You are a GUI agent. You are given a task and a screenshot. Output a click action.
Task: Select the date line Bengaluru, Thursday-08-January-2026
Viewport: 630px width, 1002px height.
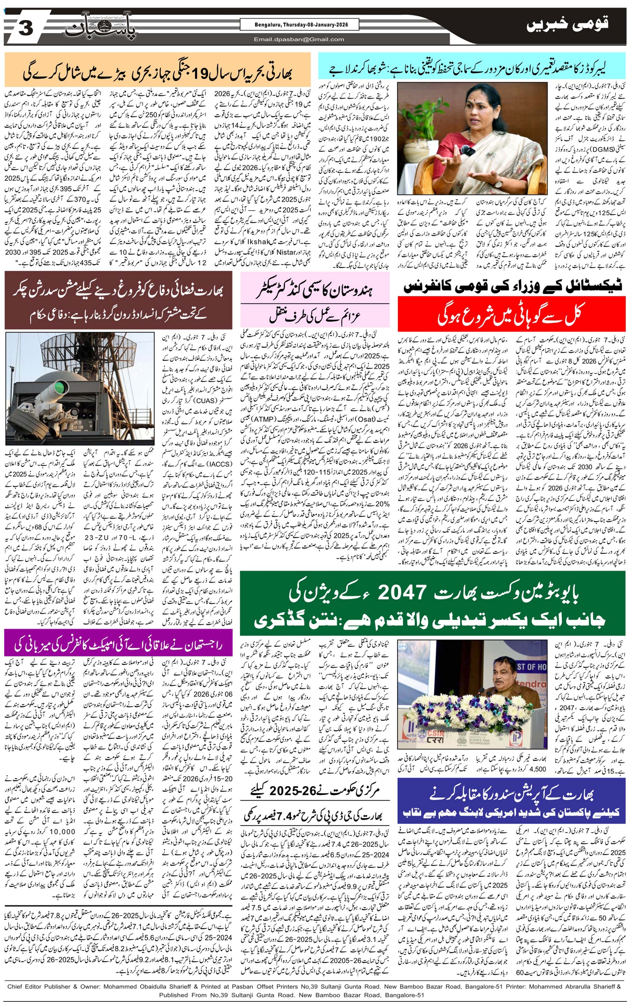click(x=300, y=25)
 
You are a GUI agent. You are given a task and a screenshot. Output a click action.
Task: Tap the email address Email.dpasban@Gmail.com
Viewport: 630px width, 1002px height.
click(x=299, y=40)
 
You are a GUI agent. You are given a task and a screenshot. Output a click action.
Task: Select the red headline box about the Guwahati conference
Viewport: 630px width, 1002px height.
click(x=511, y=314)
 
